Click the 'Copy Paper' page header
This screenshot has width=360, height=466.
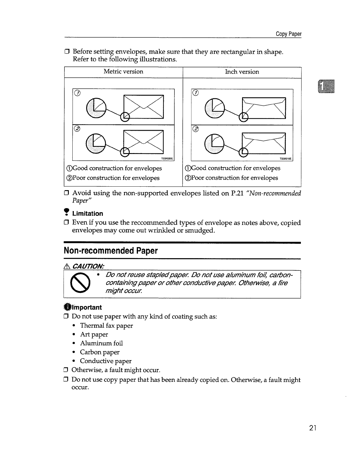coord(288,34)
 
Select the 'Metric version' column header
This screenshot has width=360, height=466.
coord(123,72)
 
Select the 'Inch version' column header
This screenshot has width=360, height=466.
coord(242,72)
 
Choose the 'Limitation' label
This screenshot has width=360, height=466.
coord(87,214)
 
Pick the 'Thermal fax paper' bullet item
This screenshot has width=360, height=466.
coord(106,326)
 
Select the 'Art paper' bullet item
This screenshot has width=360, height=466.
coord(94,334)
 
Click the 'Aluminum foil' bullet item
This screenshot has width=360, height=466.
coord(101,343)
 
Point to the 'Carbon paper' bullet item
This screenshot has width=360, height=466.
coord(100,352)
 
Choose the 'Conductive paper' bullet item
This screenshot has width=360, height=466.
coord(106,361)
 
